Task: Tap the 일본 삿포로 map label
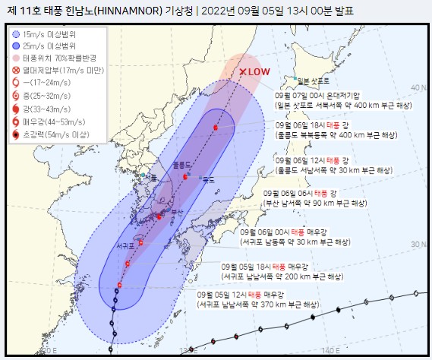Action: [314, 80]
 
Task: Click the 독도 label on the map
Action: [211, 179]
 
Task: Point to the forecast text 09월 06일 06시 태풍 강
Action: [314, 194]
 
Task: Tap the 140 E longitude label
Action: [327, 351]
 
